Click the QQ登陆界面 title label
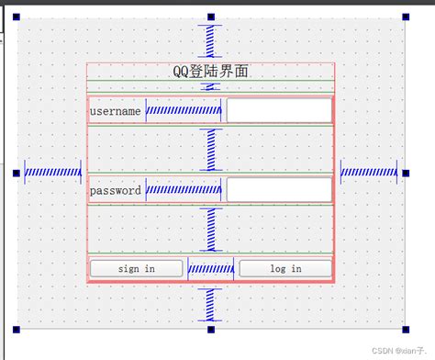[x=210, y=72]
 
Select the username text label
[x=116, y=111]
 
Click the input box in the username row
[x=279, y=111]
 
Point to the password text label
[x=116, y=191]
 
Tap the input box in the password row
[x=279, y=191]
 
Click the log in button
[x=284, y=268]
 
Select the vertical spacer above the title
[x=210, y=40]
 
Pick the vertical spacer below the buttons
[x=210, y=303]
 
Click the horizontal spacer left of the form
[x=52, y=172]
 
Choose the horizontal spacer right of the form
[x=368, y=172]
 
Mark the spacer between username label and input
[x=184, y=111]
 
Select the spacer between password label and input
[x=184, y=191]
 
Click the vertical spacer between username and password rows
[x=211, y=149]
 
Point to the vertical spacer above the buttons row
[x=211, y=229]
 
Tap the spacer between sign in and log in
[x=211, y=269]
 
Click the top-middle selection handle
[x=210, y=17]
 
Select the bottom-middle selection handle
[x=210, y=329]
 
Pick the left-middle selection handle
[x=17, y=173]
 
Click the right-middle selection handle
[x=405, y=173]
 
